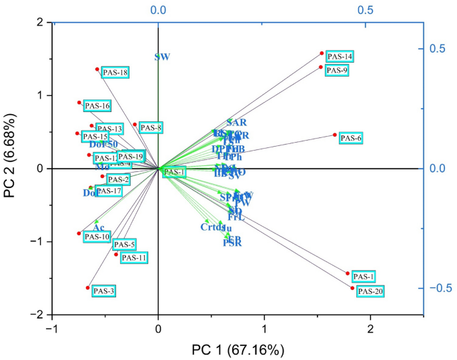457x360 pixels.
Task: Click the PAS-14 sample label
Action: click(340, 56)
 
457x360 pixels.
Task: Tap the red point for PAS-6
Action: click(336, 135)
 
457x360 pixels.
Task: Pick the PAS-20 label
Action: click(370, 291)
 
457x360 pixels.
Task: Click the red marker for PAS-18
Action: click(97, 69)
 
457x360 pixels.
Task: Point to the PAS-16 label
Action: click(96, 105)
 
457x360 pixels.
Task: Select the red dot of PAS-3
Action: click(87, 288)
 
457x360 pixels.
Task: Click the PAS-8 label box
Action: click(151, 127)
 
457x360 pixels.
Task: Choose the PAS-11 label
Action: click(134, 257)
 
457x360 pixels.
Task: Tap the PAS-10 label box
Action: click(97, 237)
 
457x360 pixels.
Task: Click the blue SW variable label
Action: click(162, 57)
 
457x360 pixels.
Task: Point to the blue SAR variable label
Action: click(237, 123)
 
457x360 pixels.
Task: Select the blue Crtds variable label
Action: click(212, 227)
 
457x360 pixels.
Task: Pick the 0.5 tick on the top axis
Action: click(366, 10)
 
